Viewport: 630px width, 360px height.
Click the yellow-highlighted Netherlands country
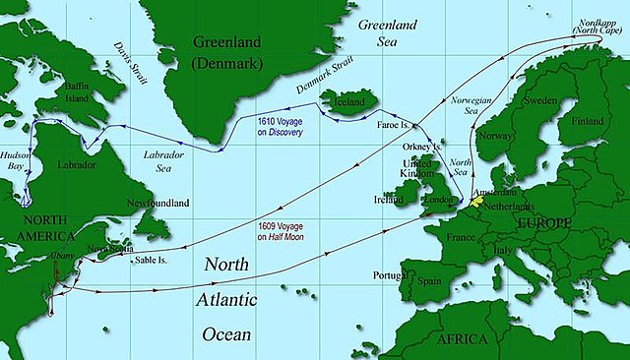[478, 200]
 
